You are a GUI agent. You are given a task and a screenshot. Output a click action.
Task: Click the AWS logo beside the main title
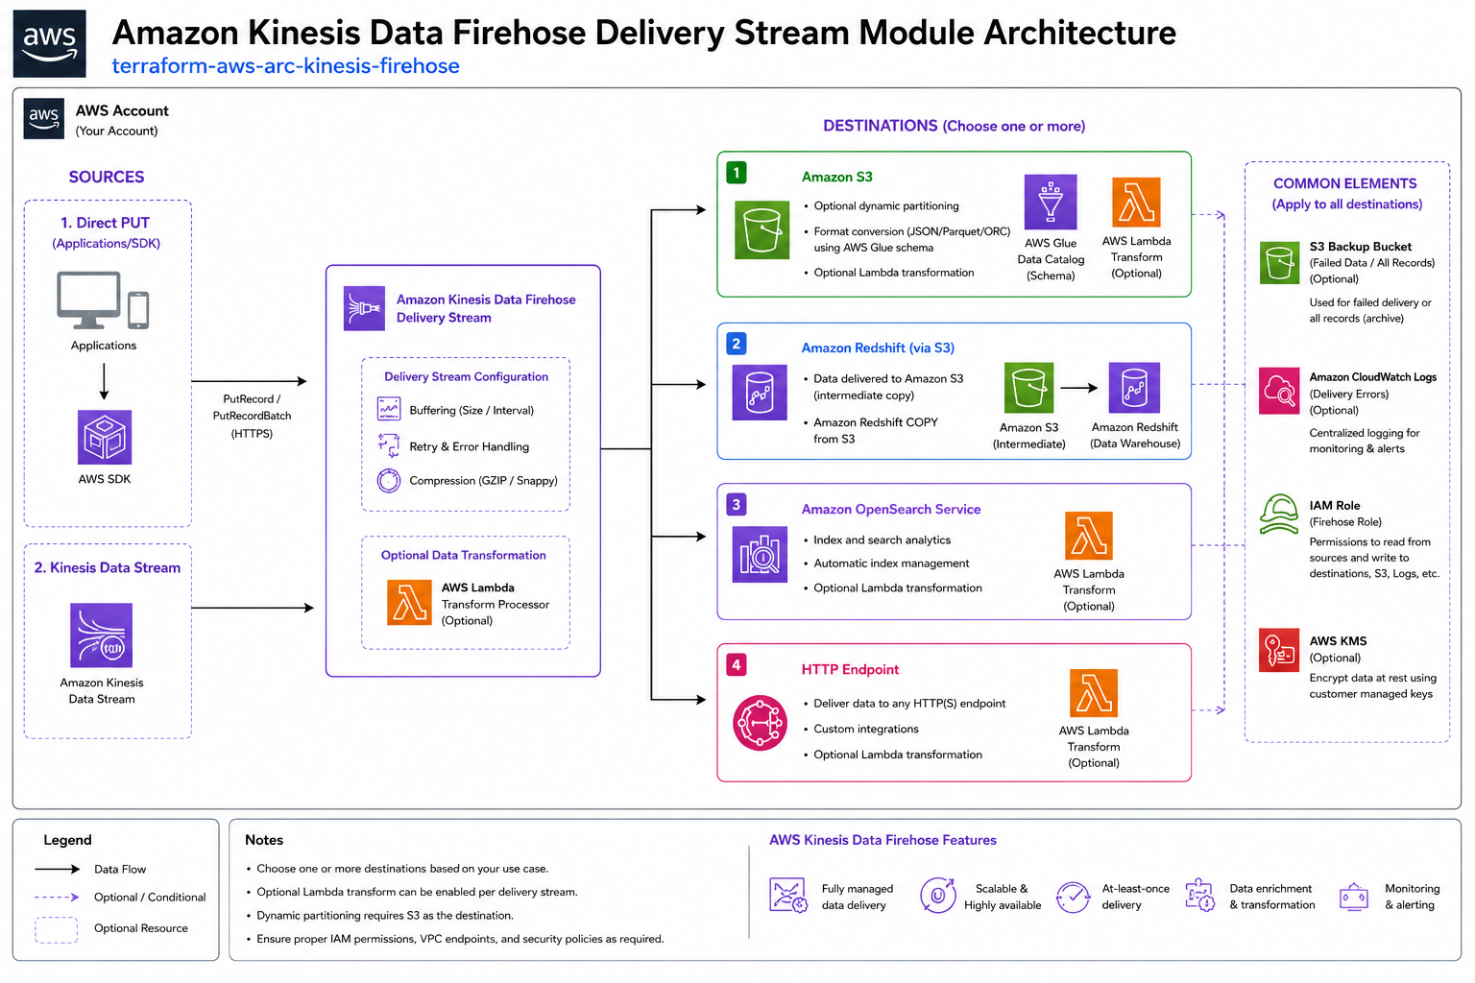(x=49, y=43)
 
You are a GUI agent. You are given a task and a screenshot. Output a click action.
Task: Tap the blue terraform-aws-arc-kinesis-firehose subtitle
(x=286, y=66)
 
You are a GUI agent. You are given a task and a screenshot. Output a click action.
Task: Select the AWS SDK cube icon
(x=105, y=437)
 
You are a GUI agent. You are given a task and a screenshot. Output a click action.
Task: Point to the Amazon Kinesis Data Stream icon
(x=102, y=635)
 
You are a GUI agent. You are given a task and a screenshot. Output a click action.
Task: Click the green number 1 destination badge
(x=737, y=173)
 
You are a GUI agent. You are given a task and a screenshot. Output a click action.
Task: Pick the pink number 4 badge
(x=737, y=665)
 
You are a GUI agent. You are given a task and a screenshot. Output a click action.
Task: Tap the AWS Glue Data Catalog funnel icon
(x=1051, y=203)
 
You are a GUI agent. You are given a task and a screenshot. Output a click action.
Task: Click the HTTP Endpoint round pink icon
(x=760, y=723)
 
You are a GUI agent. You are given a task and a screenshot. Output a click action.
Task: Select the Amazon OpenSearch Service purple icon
(x=760, y=555)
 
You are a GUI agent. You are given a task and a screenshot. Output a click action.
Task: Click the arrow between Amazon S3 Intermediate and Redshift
(x=1078, y=389)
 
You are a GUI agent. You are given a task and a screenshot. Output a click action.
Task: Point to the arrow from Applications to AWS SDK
(x=104, y=382)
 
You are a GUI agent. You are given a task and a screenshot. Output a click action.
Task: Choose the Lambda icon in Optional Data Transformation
(x=410, y=603)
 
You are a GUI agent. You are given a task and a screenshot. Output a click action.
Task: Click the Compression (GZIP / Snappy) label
(x=483, y=481)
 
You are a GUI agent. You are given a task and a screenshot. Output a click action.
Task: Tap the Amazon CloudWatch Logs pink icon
(x=1279, y=391)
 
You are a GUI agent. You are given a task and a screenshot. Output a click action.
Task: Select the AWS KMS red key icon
(x=1279, y=650)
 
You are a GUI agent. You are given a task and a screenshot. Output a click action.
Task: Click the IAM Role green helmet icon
(x=1279, y=514)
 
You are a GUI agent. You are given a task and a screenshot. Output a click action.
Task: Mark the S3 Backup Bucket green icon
(x=1279, y=263)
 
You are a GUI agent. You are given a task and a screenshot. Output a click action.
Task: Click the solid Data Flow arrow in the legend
(x=58, y=869)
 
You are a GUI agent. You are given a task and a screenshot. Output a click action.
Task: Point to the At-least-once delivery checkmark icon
(x=1074, y=897)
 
